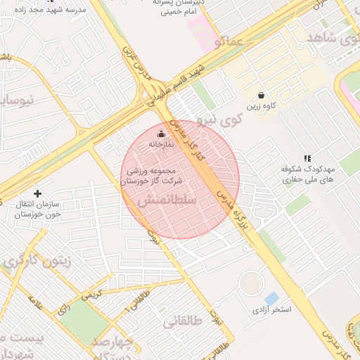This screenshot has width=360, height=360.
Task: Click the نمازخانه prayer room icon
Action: tap(161, 134)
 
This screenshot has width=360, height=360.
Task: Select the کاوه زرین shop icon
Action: tap(261, 95)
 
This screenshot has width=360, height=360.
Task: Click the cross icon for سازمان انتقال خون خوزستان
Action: tap(37, 193)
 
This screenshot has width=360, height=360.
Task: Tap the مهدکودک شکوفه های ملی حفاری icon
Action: tap(307, 159)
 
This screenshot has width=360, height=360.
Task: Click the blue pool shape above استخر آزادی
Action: tap(271, 298)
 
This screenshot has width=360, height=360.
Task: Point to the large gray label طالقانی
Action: tap(184, 323)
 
